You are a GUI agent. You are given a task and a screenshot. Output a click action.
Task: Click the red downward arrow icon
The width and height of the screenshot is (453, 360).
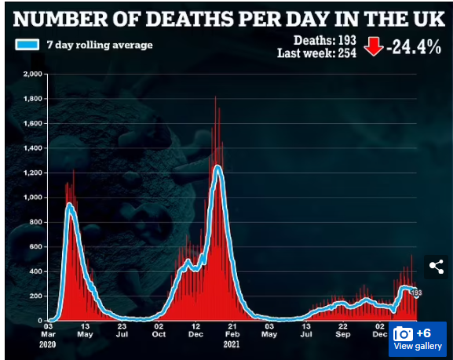click(373, 46)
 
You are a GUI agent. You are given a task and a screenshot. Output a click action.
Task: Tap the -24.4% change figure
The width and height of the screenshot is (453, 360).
click(414, 47)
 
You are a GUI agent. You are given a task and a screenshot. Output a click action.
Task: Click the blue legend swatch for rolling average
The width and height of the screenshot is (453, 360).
click(27, 45)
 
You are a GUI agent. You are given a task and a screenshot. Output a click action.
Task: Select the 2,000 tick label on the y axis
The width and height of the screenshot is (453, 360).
click(33, 74)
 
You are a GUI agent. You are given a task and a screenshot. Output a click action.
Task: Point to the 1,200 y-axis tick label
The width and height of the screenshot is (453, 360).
click(33, 173)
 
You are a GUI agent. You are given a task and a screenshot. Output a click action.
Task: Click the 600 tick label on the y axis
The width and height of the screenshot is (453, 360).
click(35, 246)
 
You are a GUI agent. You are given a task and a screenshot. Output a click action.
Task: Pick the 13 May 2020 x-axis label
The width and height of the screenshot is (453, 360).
click(85, 330)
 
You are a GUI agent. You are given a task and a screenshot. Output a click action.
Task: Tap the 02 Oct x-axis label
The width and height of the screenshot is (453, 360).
click(159, 330)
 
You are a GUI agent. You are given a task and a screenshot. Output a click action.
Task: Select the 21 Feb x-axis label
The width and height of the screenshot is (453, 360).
click(232, 330)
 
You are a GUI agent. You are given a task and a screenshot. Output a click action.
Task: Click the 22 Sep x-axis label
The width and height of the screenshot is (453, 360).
click(343, 330)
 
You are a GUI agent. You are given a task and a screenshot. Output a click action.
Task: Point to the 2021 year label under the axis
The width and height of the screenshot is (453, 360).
click(232, 344)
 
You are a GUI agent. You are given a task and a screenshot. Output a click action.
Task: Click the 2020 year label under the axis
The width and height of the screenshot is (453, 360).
click(47, 344)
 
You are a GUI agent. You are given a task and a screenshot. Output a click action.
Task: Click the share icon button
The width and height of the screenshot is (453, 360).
click(437, 267)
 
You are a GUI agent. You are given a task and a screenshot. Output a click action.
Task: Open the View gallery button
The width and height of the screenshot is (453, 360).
click(418, 339)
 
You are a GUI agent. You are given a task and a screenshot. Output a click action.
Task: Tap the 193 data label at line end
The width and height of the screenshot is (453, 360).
click(416, 293)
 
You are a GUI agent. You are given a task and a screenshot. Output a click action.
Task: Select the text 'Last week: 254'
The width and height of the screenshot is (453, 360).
click(316, 53)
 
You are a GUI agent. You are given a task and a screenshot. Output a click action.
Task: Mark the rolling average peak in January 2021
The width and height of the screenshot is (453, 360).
click(217, 166)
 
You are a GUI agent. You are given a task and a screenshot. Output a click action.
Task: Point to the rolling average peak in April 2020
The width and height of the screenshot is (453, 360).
click(69, 205)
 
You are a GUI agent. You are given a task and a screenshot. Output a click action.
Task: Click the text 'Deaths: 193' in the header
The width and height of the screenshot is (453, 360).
click(325, 41)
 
